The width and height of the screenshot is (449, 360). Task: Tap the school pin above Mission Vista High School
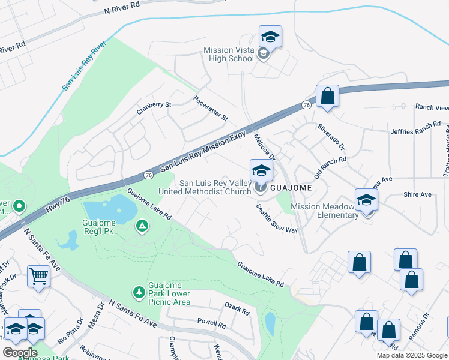pos(270,37)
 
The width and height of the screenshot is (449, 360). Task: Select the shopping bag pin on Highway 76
pos(327,97)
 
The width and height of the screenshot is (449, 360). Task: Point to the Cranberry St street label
pos(154,108)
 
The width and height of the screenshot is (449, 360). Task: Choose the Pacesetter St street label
pos(210,109)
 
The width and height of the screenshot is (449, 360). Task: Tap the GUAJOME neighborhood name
pos(291,188)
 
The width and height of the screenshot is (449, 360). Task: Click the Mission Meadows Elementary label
pos(324,211)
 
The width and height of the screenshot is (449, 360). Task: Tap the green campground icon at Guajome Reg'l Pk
pos(142,226)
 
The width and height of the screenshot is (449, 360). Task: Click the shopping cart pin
pos(38,277)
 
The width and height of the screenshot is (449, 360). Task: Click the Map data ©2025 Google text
pos(411,355)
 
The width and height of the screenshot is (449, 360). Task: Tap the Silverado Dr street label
pos(331,137)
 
